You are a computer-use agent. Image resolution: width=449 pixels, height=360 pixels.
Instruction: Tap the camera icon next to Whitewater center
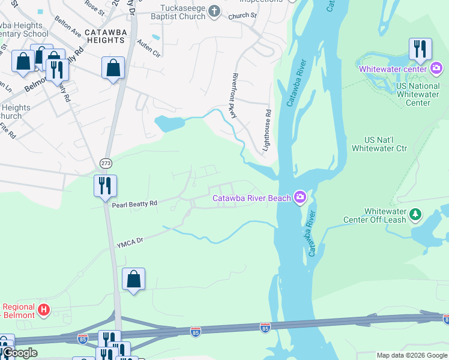(436, 68)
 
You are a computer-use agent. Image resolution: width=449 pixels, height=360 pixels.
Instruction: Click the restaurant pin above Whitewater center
(420, 49)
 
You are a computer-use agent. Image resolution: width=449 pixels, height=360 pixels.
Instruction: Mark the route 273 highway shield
(106, 163)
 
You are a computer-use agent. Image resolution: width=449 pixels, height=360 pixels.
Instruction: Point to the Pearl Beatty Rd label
(134, 204)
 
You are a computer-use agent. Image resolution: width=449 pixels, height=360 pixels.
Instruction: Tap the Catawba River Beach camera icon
(300, 197)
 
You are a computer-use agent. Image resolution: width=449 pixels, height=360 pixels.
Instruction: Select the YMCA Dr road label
(131, 241)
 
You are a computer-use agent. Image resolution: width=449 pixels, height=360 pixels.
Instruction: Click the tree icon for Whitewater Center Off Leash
(415, 214)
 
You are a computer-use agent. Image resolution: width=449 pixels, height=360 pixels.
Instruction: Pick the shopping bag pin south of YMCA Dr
(133, 279)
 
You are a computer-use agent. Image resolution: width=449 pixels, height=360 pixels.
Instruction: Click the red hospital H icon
(43, 310)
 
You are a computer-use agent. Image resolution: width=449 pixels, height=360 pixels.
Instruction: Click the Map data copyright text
(412, 355)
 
